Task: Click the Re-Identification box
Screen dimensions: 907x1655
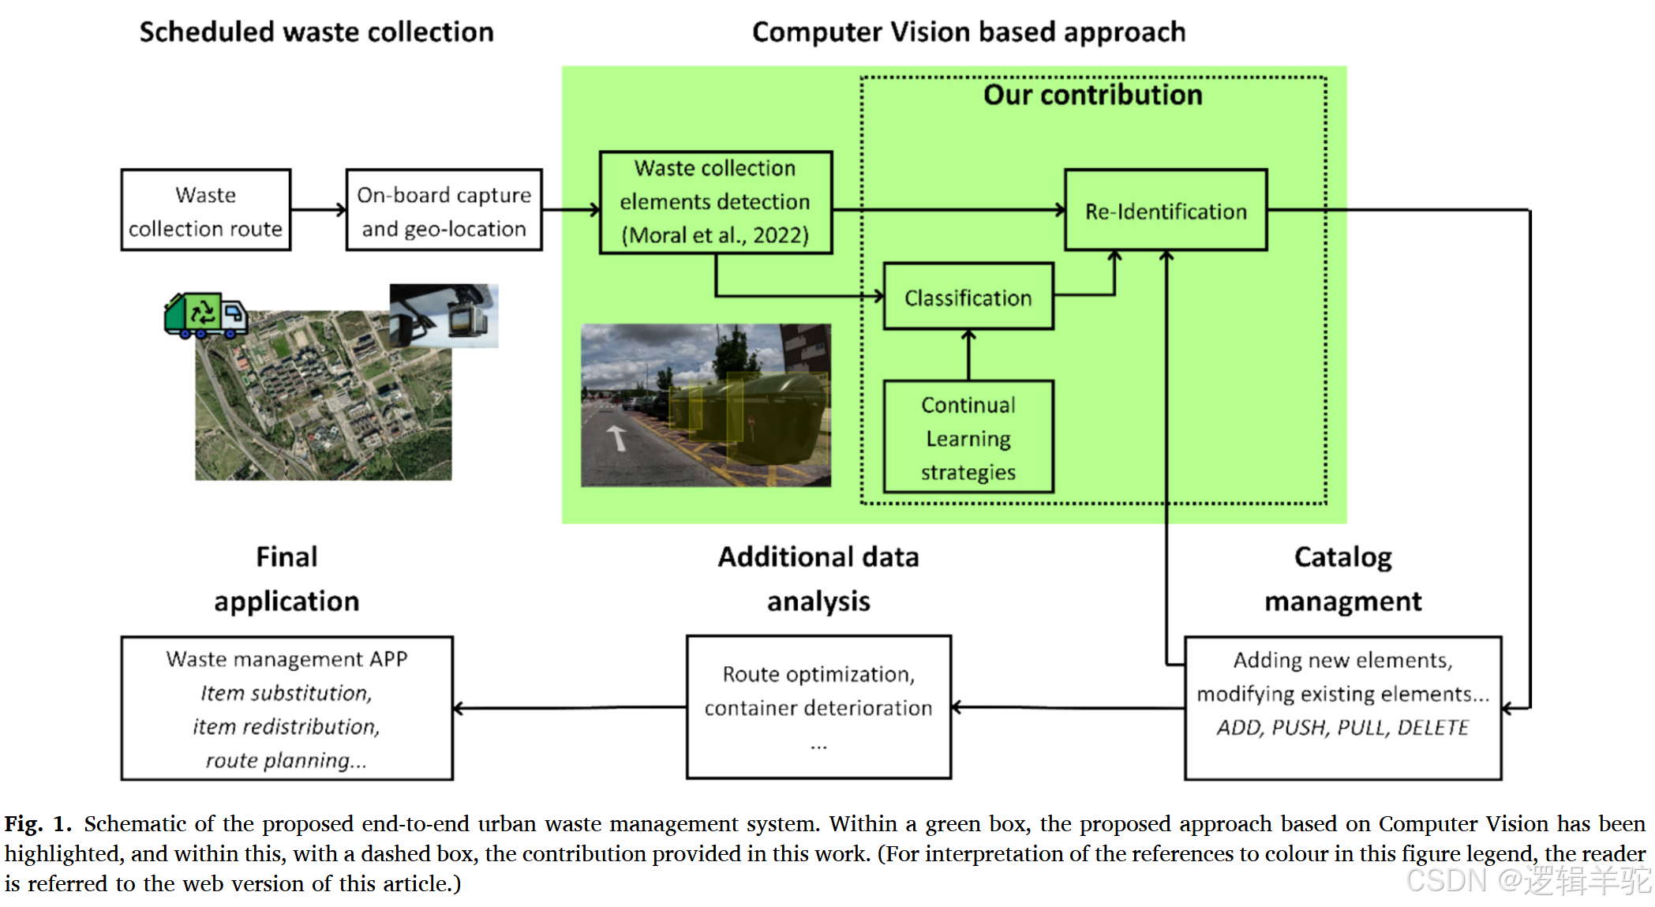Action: [1165, 210]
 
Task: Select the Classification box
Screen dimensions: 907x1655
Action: [968, 297]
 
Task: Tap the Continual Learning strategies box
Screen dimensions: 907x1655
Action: [968, 437]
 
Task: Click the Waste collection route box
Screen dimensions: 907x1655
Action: [205, 210]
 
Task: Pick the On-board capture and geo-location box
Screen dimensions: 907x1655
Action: [444, 210]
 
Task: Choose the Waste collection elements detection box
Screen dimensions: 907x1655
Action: [715, 202]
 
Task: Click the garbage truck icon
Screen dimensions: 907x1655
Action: [205, 316]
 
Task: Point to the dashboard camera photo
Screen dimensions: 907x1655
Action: [444, 316]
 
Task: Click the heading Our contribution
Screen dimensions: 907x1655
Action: [1092, 96]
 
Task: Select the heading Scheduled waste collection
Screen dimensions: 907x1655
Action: [316, 32]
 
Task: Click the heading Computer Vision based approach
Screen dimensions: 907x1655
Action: [968, 32]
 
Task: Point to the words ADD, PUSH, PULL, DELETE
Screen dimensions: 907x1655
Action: [1342, 727]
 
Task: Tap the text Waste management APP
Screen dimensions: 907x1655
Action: [286, 659]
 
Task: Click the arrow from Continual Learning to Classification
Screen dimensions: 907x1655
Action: [968, 355]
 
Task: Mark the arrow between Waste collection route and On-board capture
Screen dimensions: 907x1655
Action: [318, 210]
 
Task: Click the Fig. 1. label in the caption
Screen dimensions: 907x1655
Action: [38, 824]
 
